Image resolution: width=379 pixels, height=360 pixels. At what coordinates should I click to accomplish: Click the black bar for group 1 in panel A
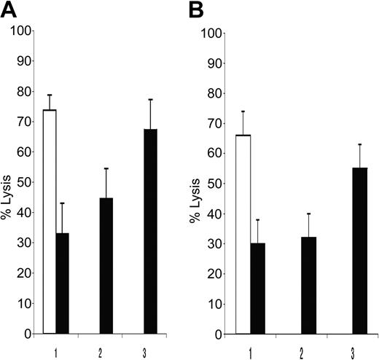click(62, 283)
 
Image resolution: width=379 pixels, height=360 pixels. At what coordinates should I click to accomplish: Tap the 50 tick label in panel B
click(214, 184)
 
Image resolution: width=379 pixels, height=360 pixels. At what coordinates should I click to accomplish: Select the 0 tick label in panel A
click(28, 334)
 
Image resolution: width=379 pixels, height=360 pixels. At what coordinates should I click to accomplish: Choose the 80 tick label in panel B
click(214, 93)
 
